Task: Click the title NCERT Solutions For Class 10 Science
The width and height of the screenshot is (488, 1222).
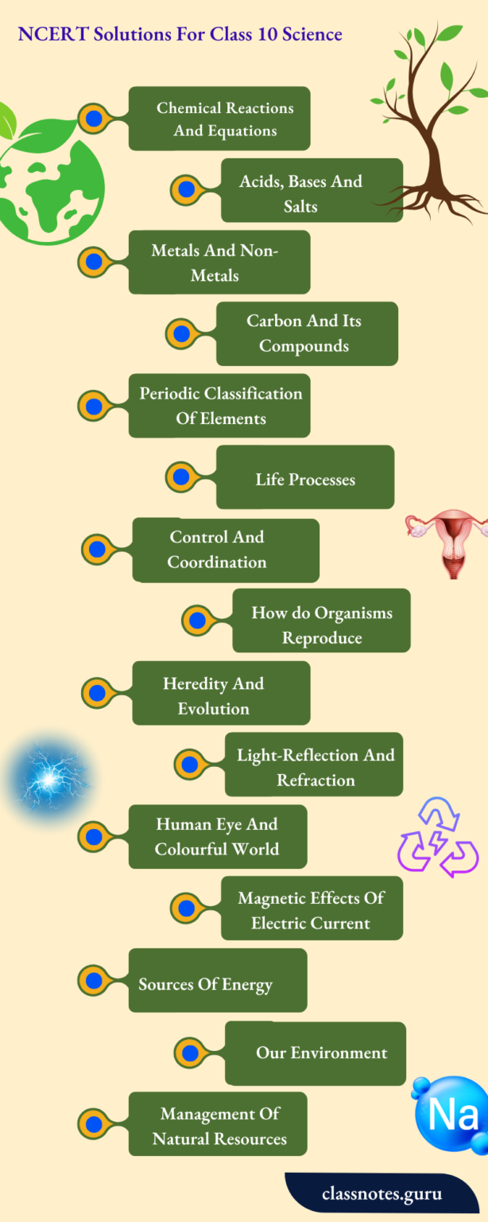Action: pos(180,34)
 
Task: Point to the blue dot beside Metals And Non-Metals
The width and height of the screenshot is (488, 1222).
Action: pos(94,261)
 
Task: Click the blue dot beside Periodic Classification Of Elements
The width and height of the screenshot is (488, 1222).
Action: pos(94,406)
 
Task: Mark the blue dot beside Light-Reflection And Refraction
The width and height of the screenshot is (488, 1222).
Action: pos(189,765)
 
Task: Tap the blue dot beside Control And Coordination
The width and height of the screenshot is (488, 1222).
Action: pos(98,549)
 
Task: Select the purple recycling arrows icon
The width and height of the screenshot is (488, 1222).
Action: pos(437,837)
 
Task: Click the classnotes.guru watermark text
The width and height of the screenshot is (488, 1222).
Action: pos(381,1193)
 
